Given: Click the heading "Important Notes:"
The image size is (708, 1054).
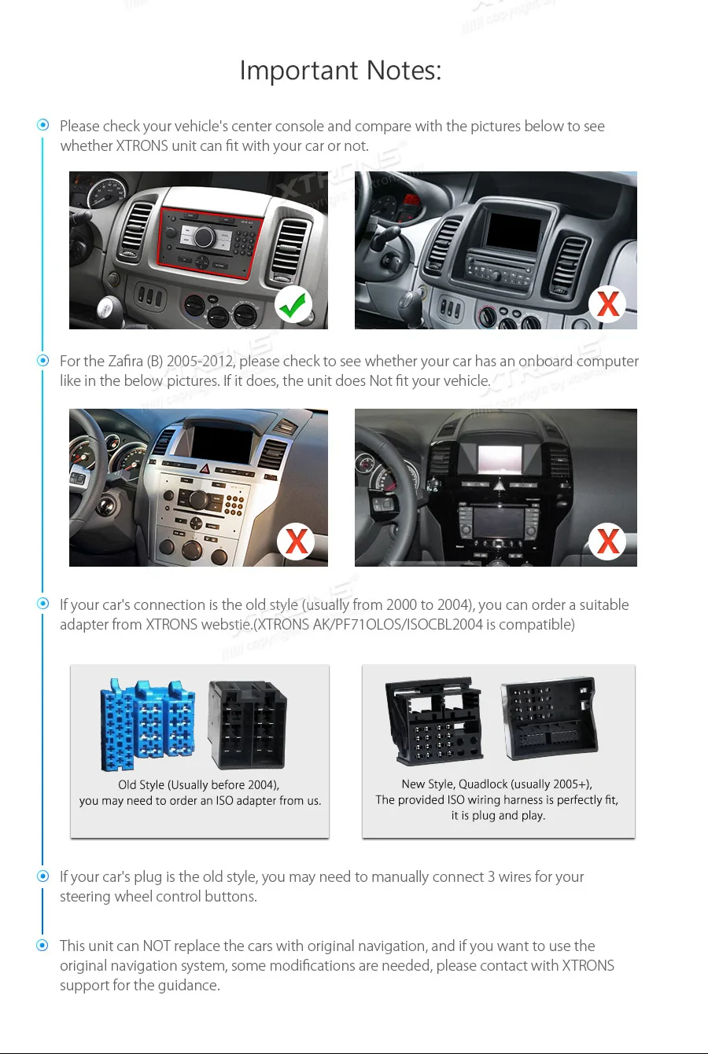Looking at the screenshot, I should [340, 71].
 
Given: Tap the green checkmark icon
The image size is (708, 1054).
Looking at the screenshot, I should [293, 304].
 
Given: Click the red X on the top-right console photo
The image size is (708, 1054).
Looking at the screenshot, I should [607, 303].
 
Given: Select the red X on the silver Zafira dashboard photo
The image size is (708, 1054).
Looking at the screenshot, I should [296, 541].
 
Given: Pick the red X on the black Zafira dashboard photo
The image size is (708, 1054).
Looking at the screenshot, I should [607, 541].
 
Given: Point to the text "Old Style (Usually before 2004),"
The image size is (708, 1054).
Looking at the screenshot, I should [198, 784].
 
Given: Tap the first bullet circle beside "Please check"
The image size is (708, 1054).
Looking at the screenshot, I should [43, 125].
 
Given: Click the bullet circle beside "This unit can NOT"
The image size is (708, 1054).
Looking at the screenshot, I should [43, 945].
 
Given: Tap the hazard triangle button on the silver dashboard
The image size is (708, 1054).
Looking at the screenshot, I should [205, 469].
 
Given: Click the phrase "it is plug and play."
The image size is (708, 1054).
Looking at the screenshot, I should [497, 815].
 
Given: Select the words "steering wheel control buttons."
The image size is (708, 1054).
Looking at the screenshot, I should [158, 897].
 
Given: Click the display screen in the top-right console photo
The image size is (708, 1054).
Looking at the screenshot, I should [513, 229].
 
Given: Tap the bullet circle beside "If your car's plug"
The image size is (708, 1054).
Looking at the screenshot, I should [43, 876].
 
